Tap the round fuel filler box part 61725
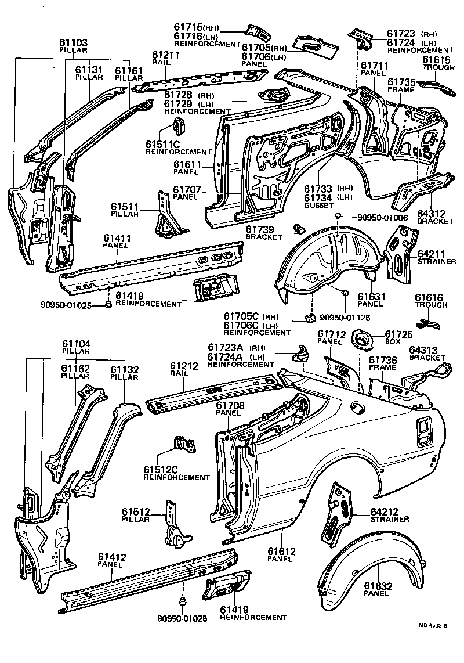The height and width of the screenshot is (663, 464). tap(364, 338)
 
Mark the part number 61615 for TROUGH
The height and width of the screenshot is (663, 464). tap(435, 60)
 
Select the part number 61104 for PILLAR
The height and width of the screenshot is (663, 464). tap(75, 344)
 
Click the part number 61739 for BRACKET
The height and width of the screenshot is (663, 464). tap(264, 230)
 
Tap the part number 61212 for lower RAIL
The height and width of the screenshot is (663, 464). tap(184, 366)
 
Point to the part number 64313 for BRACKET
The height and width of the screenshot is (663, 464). tap(427, 350)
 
